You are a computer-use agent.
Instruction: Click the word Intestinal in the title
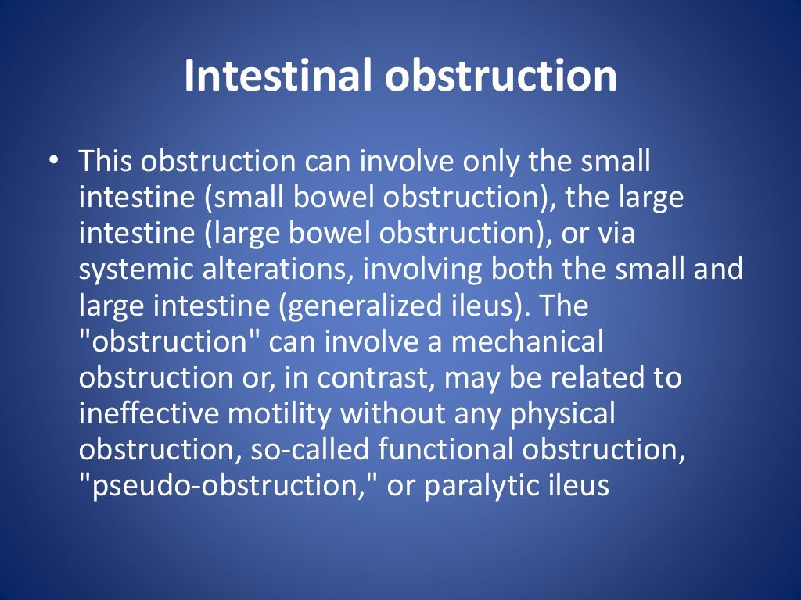(278, 77)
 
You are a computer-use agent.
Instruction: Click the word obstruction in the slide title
(501, 77)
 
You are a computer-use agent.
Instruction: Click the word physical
(562, 413)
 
